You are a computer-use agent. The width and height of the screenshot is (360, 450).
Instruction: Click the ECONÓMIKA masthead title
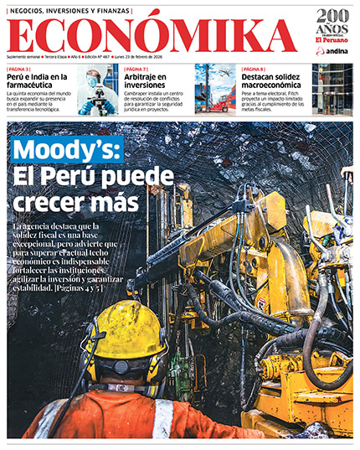(x=156, y=35)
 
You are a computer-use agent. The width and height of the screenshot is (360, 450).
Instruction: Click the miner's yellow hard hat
(x=126, y=331)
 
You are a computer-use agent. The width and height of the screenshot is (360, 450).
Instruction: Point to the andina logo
(x=332, y=50)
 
